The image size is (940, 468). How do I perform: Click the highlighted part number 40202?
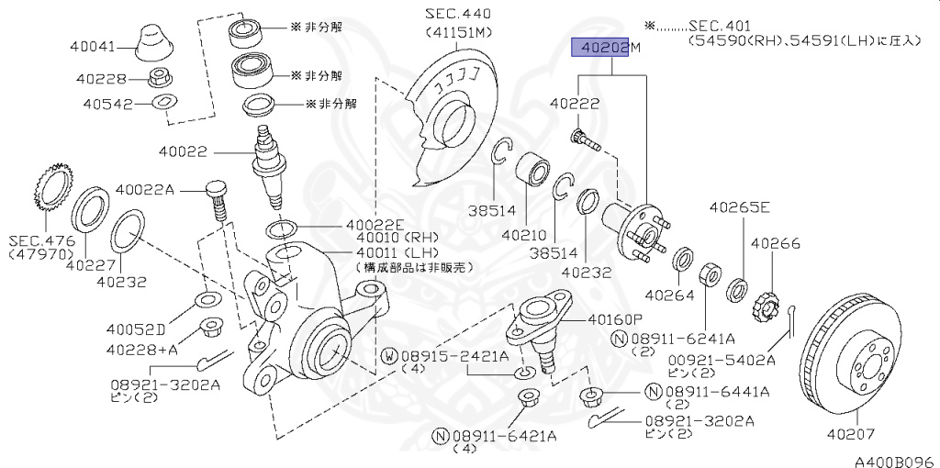pyautogui.click(x=600, y=48)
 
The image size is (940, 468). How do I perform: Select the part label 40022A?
pyautogui.click(x=144, y=190)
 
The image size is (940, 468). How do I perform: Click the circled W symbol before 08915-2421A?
pyautogui.click(x=389, y=357)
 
